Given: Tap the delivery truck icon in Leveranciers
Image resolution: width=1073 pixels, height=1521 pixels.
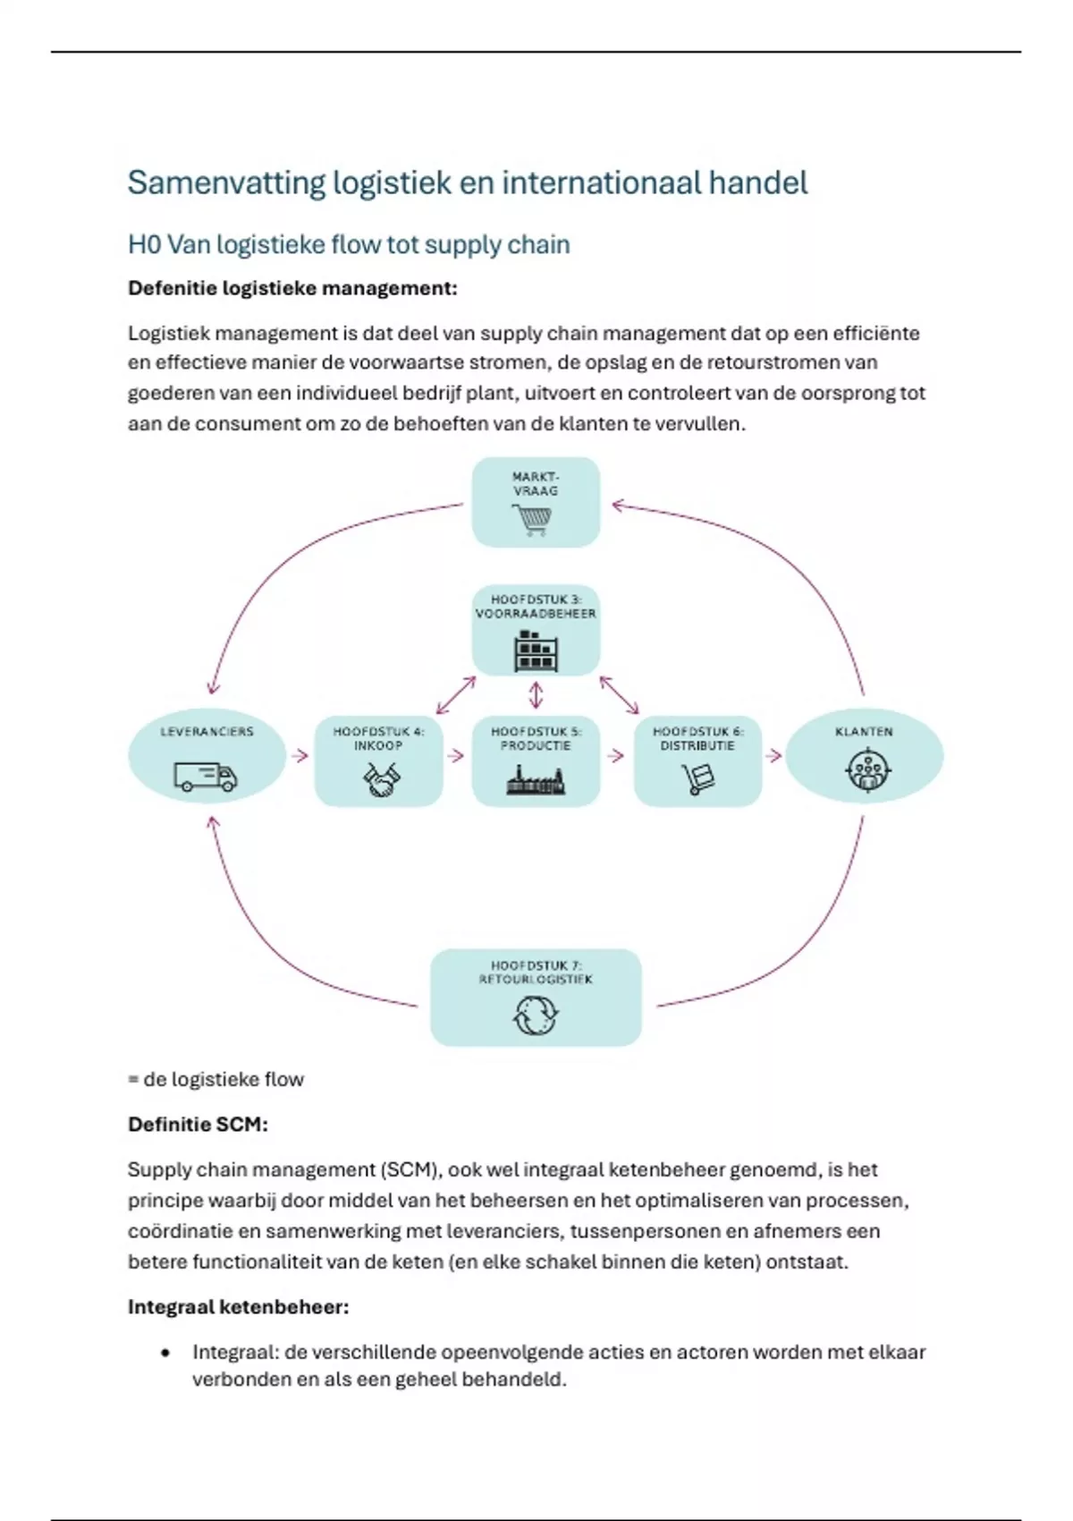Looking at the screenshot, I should coord(206,777).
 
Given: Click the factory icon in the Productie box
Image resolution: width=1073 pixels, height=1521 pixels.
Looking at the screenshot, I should coord(535,782).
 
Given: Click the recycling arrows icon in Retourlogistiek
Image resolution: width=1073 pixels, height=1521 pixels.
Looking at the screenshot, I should coord(535,1015).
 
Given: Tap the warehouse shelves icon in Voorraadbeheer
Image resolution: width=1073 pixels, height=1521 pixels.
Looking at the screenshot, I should coord(535,650).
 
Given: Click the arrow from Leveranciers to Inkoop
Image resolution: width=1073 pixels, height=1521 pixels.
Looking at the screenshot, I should coord(300,756).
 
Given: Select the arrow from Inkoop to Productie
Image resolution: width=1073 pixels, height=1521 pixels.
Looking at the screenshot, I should coord(456,756).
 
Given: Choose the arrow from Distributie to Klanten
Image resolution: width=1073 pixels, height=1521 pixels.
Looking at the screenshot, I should coord(773,756).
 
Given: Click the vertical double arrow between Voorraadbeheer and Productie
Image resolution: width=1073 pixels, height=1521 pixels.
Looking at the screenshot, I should coord(536,695).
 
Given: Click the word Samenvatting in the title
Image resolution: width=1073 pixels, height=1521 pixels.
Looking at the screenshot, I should coord(226,183).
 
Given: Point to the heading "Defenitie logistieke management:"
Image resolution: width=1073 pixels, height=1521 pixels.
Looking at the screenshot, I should coord(292,288).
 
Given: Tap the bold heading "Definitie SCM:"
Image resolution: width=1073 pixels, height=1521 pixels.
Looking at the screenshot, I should coord(198,1125).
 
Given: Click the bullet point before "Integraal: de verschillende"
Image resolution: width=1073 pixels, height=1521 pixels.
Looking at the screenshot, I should coord(165,1353).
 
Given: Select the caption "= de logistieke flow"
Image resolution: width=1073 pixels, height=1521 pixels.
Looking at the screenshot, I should coord(215,1080).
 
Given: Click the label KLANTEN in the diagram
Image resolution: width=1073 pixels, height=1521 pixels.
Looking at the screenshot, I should coord(864,732).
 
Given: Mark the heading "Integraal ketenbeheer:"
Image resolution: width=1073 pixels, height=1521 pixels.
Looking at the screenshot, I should coord(238,1307).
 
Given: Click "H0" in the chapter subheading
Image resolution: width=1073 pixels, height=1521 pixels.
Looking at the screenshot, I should coord(144,245).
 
